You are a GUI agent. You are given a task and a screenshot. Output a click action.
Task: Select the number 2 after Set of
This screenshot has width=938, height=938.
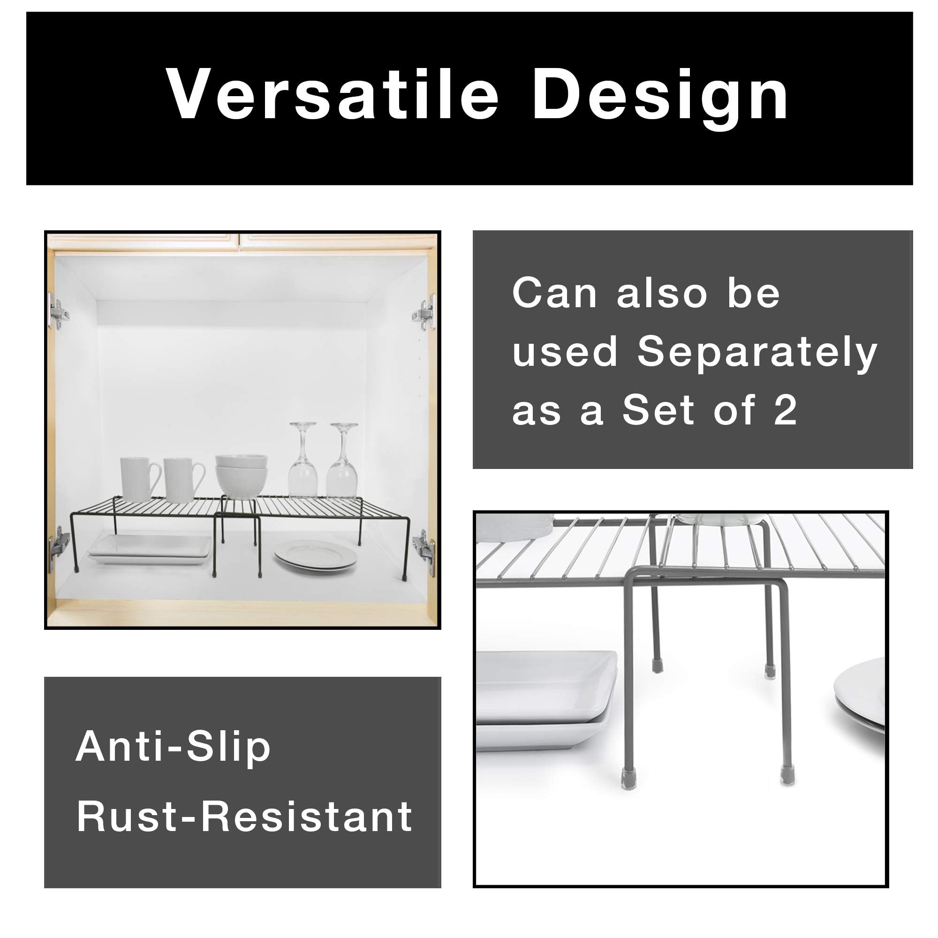coord(785,411)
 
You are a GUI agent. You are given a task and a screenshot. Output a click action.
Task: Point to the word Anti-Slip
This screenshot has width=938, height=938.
coord(173,747)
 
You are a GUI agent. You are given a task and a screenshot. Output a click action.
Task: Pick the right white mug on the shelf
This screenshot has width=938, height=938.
coord(182,480)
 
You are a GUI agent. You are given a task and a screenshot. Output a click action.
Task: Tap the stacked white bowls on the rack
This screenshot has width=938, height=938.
coord(241,475)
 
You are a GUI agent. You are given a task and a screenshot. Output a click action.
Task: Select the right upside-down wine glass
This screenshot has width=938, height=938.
coord(343,461)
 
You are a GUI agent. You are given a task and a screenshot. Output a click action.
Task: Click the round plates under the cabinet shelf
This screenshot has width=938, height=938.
coord(316,555)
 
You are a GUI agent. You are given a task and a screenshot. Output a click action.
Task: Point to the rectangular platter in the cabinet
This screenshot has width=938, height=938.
coord(150,550)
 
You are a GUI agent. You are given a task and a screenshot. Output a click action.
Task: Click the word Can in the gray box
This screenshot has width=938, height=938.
coord(554,293)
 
